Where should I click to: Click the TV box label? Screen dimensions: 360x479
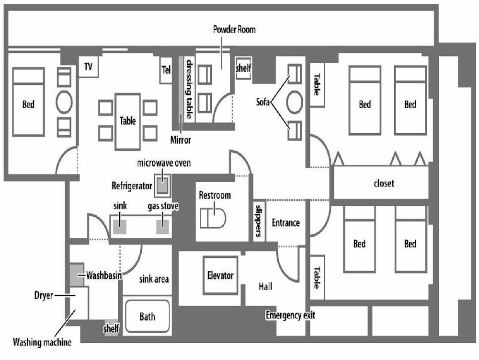[x=88, y=67]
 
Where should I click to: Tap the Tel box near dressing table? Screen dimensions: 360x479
[x=166, y=70]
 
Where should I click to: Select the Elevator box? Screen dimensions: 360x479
[x=220, y=276]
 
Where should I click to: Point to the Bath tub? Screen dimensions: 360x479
[x=147, y=316]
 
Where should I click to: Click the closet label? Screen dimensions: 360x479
[x=384, y=183]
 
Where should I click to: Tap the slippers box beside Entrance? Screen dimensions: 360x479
[x=259, y=221]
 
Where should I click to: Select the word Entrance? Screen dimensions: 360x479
[x=285, y=222]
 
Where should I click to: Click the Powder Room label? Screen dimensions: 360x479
[x=234, y=30]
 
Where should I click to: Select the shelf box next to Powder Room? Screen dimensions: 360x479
[x=243, y=69]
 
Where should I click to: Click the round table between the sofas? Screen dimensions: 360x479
[x=294, y=102]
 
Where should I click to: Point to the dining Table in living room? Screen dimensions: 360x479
[x=127, y=121]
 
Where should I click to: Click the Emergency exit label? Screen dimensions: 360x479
[x=290, y=315]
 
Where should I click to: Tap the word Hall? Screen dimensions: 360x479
[x=265, y=286]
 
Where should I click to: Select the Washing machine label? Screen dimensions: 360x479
[x=42, y=342]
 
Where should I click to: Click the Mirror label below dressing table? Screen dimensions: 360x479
[x=181, y=140]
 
